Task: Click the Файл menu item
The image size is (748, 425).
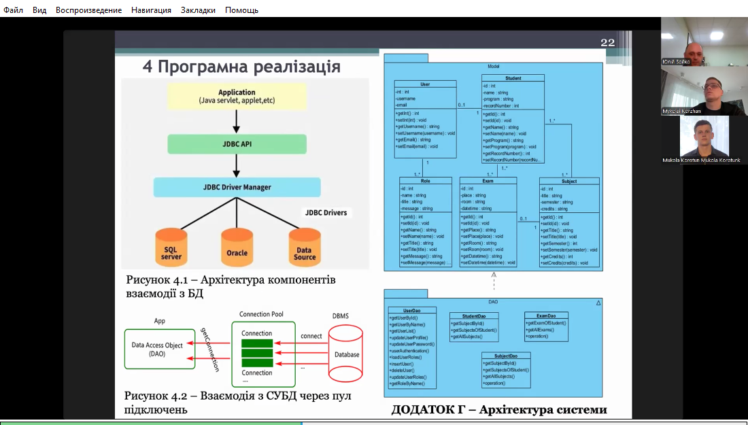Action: [x=14, y=10]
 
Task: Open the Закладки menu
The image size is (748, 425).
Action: [x=198, y=10]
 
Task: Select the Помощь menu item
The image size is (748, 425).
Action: [x=241, y=10]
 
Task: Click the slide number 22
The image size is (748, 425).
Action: [x=607, y=43]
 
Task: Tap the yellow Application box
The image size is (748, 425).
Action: [x=237, y=97]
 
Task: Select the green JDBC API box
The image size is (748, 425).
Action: [x=237, y=143]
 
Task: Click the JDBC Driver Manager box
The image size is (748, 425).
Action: [x=237, y=187]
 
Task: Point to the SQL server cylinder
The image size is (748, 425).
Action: [x=171, y=248]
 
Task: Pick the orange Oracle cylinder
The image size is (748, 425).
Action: [x=237, y=248]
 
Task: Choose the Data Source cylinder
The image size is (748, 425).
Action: [x=304, y=248]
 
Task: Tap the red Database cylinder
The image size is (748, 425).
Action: [x=346, y=354]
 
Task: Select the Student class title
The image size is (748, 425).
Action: [x=513, y=79]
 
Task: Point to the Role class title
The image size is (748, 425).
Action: [x=425, y=182]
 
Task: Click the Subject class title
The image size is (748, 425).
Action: [x=569, y=182]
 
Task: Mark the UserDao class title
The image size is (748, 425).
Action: [x=412, y=311]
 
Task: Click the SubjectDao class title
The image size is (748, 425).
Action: [x=505, y=356]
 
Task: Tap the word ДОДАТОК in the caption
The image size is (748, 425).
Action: [x=425, y=409]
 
